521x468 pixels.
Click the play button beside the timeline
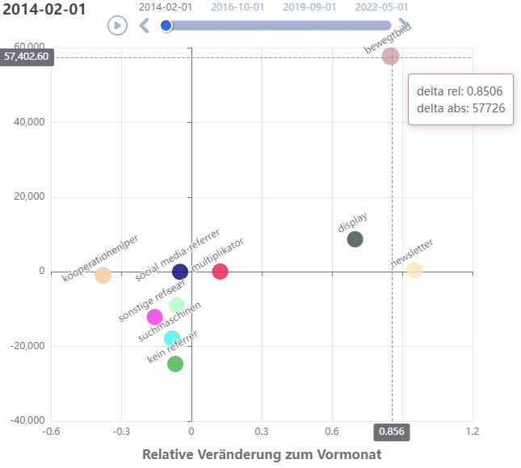(117, 25)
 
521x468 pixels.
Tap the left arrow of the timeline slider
(145, 26)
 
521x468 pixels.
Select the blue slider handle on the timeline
(166, 26)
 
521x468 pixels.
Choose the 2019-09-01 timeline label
(309, 7)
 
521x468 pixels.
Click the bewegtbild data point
(391, 56)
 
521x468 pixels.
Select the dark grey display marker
(355, 239)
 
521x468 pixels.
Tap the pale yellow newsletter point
(414, 270)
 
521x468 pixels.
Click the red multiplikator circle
(220, 272)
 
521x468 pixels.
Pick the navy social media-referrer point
(180, 272)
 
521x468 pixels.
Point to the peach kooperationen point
(103, 275)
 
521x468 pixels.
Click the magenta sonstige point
(154, 317)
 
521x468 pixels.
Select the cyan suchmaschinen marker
(171, 339)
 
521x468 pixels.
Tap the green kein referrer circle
(175, 364)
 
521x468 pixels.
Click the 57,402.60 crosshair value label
(26, 57)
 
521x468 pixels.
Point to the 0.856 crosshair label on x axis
(392, 432)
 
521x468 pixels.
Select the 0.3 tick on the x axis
(261, 432)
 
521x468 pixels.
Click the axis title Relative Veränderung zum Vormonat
(262, 454)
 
